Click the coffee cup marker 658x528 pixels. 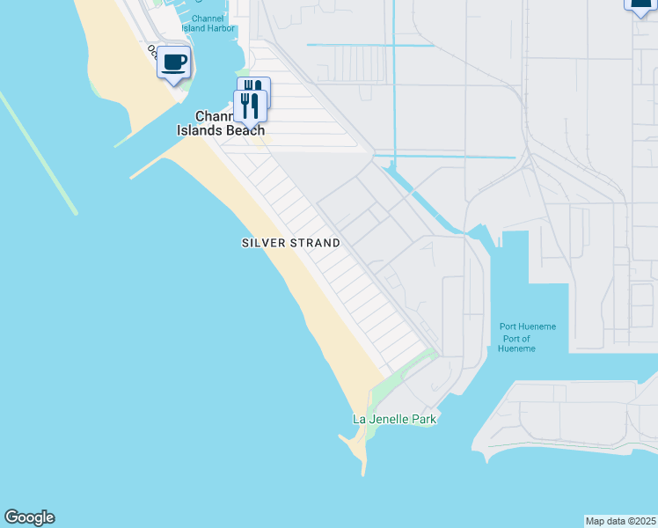(x=174, y=63)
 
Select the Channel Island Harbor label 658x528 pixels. (x=208, y=23)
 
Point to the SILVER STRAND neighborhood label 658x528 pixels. (x=290, y=243)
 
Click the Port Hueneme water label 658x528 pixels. (x=528, y=326)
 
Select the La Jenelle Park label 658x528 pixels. (x=394, y=419)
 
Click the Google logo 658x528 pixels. (x=29, y=517)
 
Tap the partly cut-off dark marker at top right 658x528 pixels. (x=641, y=4)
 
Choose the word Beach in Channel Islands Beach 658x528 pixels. (x=246, y=130)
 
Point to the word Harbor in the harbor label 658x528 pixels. (x=221, y=28)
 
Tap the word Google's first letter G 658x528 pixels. (x=11, y=517)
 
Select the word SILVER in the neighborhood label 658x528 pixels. (x=262, y=243)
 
